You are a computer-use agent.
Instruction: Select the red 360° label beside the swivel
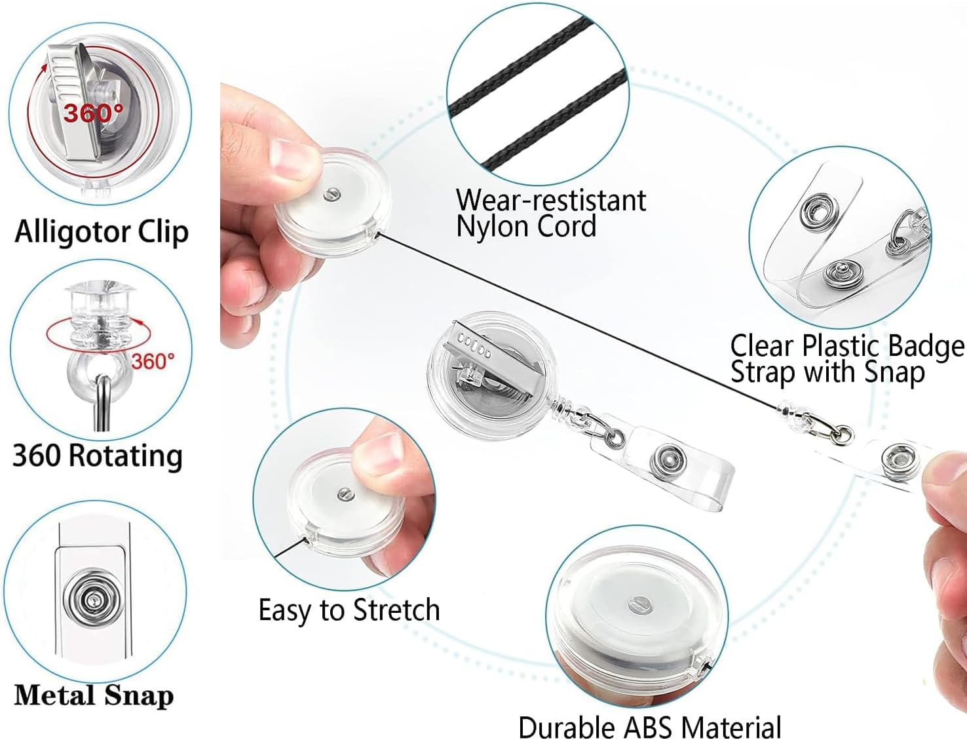pyautogui.click(x=153, y=361)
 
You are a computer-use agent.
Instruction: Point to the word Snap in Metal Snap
pyautogui.click(x=139, y=695)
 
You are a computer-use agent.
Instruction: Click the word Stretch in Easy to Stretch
pyautogui.click(x=396, y=610)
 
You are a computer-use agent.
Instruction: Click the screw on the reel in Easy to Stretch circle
pyautogui.click(x=345, y=494)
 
